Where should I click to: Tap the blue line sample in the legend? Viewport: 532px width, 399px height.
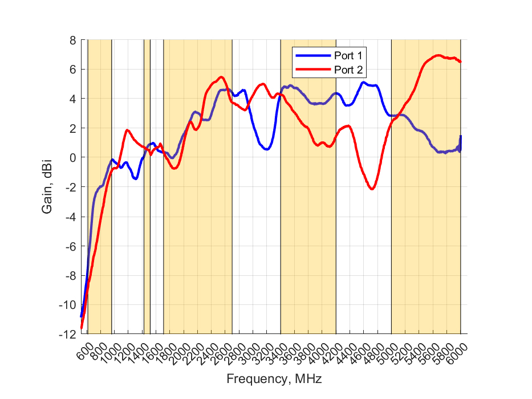tap(312, 55)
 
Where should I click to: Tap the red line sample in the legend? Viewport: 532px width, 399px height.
tap(312, 70)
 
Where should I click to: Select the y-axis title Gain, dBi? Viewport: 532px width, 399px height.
tap(47, 187)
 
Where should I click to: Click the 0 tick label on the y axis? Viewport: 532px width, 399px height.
tap(73, 158)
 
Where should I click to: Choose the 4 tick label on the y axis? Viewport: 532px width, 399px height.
tap(73, 99)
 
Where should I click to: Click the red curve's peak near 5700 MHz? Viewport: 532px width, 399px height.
tap(438, 55)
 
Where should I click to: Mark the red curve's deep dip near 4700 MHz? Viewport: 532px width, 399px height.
tap(372, 189)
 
